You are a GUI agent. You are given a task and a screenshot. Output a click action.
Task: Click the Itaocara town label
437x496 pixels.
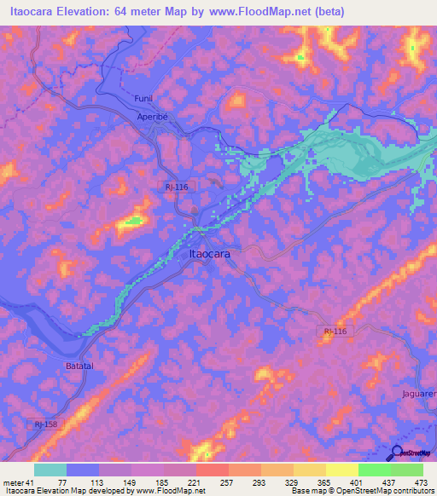click(x=208, y=254)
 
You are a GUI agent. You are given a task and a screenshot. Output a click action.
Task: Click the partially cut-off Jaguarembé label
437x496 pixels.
click(x=418, y=394)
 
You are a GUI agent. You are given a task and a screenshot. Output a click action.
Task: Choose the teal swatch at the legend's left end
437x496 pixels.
click(x=50, y=470)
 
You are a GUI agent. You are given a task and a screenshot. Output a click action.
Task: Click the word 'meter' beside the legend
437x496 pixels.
click(x=15, y=482)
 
